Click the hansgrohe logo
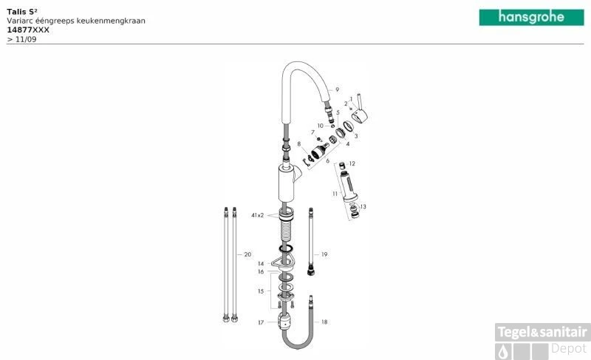click(531, 17)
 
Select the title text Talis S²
click(22, 12)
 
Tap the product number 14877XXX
click(28, 30)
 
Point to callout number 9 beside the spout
click(337, 89)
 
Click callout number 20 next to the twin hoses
click(247, 254)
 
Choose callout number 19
click(324, 254)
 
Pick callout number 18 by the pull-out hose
click(324, 322)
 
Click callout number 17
click(261, 323)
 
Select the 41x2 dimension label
click(257, 215)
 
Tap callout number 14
click(261, 264)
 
